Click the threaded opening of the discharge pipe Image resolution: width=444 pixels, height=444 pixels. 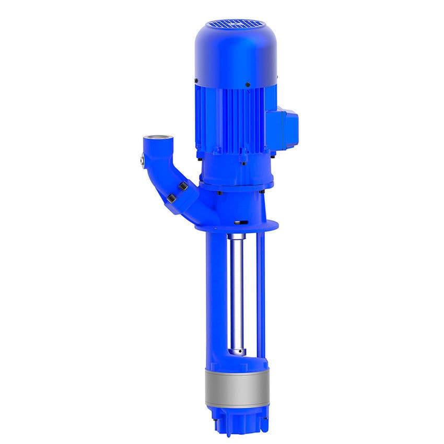coord(156,140)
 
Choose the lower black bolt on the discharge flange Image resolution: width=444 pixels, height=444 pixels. coord(171,198)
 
